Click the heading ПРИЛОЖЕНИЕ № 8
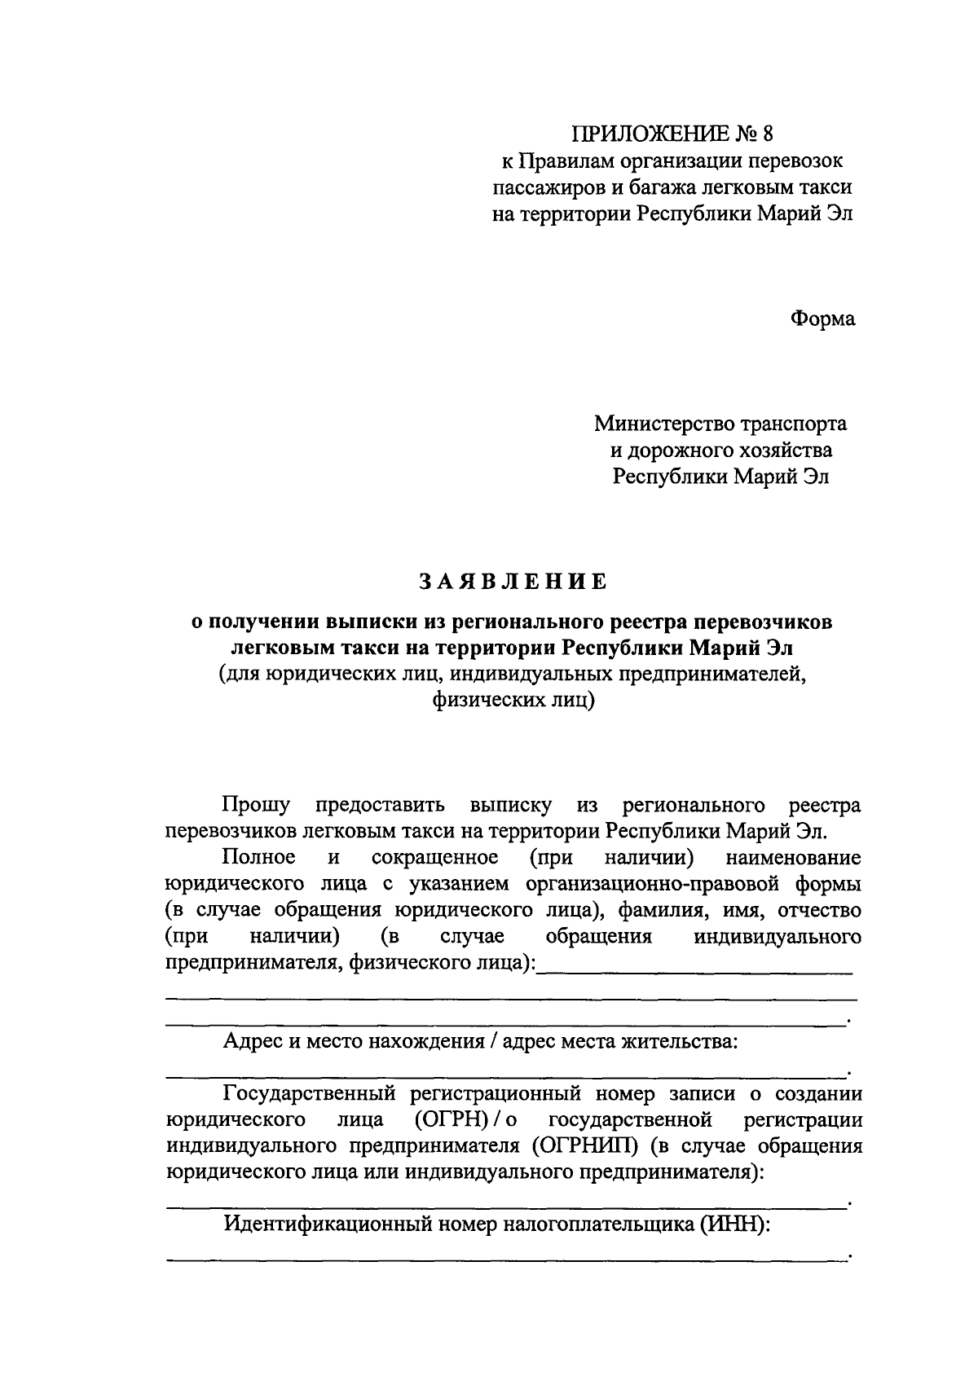(671, 134)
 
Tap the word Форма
(822, 319)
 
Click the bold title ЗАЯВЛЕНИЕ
(513, 582)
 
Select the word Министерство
(663, 424)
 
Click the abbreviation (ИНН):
(733, 1224)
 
